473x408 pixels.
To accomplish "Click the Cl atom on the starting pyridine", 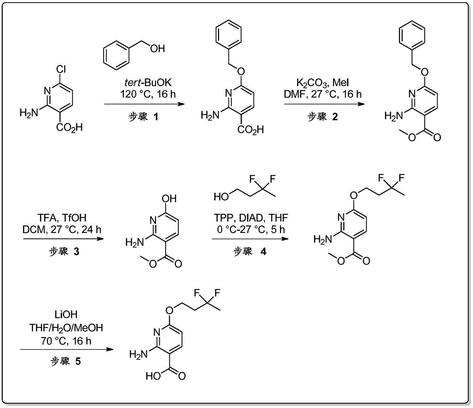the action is pos(61,70).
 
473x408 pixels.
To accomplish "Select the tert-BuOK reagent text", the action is pos(148,82).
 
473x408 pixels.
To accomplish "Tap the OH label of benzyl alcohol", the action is pos(158,48).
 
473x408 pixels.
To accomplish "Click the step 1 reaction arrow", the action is pos(144,104).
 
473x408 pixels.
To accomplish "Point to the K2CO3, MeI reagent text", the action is pos(323,82).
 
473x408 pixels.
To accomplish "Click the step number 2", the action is pos(335,116).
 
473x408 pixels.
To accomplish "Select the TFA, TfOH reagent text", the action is pos(62,218).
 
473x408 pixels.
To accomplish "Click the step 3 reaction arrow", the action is pos(63,239).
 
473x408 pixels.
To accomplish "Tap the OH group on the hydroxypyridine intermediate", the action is pos(169,199).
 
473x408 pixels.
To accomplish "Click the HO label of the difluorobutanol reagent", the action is pos(221,197).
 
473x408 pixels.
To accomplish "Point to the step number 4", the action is pos(263,251).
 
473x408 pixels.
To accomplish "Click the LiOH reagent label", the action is pos(66,315).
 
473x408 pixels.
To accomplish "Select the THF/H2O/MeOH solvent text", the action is pos(66,328).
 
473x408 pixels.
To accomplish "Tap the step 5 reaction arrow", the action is pos(67,349).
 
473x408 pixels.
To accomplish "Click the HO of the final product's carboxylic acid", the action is pos(153,376).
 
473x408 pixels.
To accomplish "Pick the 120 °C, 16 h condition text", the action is pos(148,94).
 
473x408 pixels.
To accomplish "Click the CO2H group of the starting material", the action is pos(70,127).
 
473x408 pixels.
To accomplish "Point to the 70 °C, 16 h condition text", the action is pos(66,341).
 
